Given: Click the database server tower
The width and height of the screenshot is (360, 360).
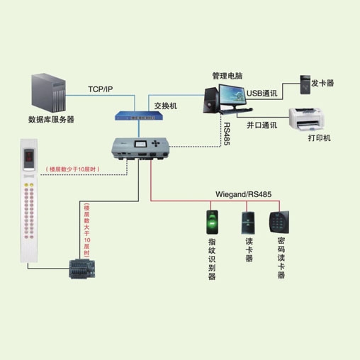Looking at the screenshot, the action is coord(48,93).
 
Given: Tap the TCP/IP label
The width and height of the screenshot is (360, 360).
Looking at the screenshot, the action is coord(101,89).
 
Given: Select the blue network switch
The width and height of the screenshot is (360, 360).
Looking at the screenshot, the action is coord(138,116).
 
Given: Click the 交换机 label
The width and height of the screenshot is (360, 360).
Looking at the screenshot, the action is coord(165,106).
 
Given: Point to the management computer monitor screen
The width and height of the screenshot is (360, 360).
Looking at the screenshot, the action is coord(232,95).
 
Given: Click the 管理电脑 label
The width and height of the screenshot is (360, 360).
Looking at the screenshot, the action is coord(227,76).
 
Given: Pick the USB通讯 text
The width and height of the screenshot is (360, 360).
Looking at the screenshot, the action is coord(261,94).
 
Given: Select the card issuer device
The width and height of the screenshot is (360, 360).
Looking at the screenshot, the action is coord(305,85).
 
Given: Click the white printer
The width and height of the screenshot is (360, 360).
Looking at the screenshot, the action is coord(306,119).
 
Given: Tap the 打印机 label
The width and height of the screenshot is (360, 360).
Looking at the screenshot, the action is coord(319,137).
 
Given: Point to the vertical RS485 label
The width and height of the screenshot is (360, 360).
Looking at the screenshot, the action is coord(227,134).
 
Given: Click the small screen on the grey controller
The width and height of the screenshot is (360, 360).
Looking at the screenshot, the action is coord(141,144).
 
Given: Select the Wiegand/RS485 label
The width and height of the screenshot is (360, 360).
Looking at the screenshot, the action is coord(244,194).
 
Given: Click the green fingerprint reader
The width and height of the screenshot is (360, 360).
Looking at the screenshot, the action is coord(212,222).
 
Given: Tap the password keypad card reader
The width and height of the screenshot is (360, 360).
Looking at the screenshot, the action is coord(279,222).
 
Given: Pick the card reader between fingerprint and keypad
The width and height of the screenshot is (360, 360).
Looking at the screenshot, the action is coord(248,223).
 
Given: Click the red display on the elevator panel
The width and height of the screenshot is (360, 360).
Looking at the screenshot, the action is coord(29,156).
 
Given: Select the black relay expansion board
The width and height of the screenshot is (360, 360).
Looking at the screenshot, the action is coord(82,269).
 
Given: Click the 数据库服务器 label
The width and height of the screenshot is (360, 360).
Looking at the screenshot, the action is coord(51,119).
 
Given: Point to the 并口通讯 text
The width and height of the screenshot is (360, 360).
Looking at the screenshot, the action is coord(261,125).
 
